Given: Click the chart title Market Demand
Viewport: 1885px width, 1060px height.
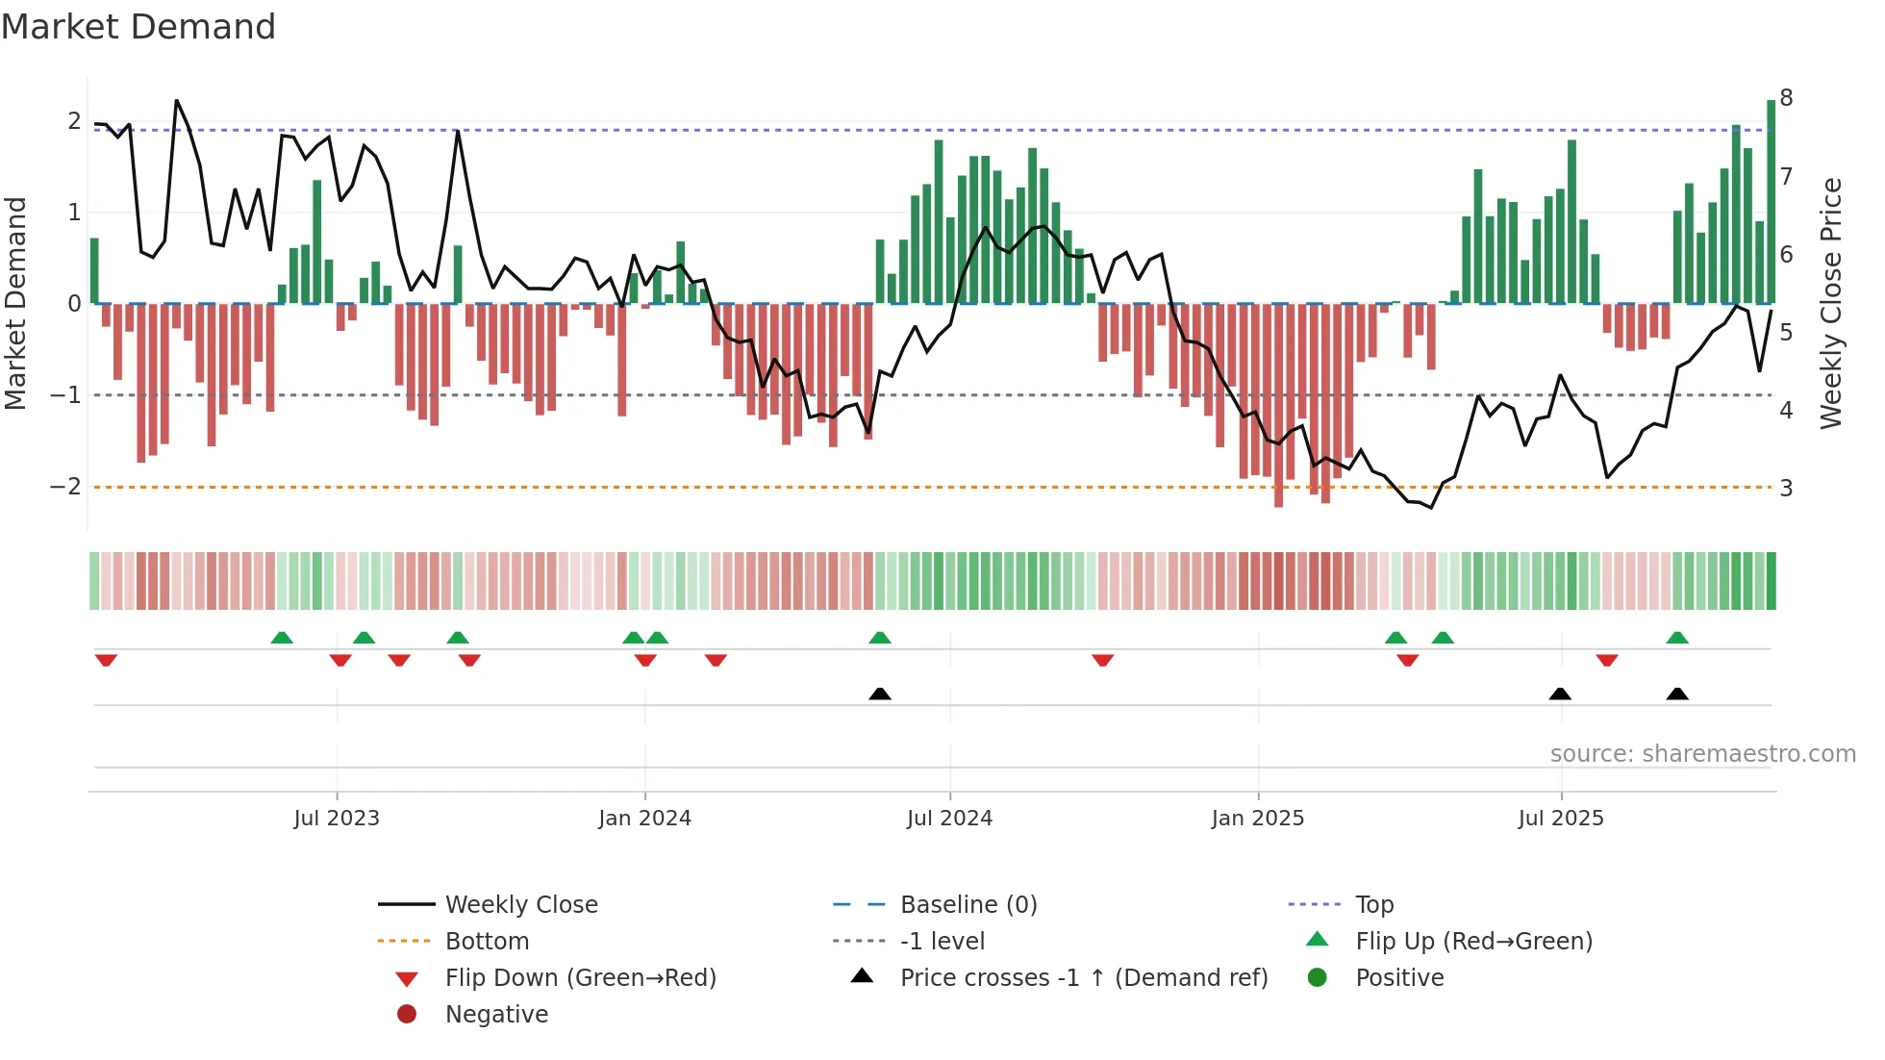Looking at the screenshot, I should click(138, 27).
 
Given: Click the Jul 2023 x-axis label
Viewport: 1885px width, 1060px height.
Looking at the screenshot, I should click(337, 819).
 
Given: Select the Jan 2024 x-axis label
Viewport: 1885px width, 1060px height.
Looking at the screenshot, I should click(644, 819).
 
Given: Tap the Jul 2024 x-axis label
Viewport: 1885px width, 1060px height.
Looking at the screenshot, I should click(949, 819).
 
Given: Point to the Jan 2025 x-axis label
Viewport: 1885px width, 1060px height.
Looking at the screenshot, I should click(1257, 819).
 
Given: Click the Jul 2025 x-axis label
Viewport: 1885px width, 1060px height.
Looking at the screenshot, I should click(1561, 819).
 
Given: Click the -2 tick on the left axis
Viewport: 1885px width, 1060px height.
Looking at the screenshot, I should click(66, 487).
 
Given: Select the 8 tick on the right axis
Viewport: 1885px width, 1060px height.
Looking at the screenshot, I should click(1786, 98).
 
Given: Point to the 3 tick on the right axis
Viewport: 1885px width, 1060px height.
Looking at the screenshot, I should click(1786, 489).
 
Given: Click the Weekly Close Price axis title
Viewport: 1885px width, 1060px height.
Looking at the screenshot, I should click(1831, 303).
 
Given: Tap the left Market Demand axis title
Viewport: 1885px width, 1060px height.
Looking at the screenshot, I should click(16, 303).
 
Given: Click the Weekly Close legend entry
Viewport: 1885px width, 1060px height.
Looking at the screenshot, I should click(520, 905).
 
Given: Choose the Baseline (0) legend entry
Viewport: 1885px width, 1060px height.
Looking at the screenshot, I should click(968, 905).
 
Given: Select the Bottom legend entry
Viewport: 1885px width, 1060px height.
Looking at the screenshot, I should click(487, 942).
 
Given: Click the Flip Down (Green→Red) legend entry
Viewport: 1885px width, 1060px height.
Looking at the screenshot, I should click(580, 978).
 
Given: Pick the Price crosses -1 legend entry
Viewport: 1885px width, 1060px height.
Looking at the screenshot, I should click(1083, 978).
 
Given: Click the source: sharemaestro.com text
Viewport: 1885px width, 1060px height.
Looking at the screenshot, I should click(1702, 754).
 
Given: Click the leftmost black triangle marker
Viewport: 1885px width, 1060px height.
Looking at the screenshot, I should click(880, 694).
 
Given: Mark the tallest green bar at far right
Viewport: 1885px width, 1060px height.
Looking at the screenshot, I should click(1771, 202).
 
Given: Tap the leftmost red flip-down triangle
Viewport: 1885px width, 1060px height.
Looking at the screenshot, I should click(106, 660).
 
